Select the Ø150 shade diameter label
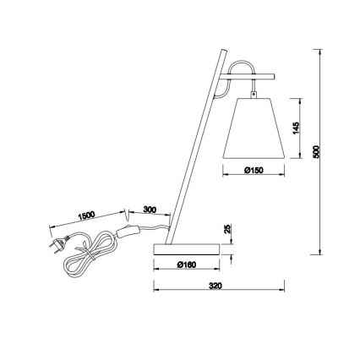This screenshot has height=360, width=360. pos(254,170)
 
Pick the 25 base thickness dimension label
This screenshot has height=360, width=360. pos(227,230)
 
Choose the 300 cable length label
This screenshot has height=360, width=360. pos(151,210)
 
